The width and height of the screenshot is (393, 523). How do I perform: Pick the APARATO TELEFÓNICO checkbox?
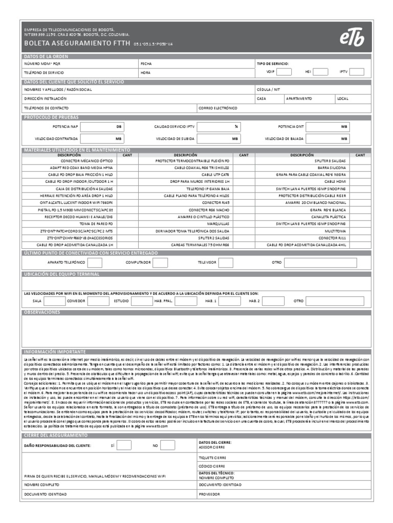click(95, 263)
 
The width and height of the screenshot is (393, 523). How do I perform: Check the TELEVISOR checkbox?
click(225, 263)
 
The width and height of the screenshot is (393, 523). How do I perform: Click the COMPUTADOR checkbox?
click(160, 263)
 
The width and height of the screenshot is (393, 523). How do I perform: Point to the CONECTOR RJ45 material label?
click(215, 202)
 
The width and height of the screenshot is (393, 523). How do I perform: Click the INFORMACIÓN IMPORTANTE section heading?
click(55, 352)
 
